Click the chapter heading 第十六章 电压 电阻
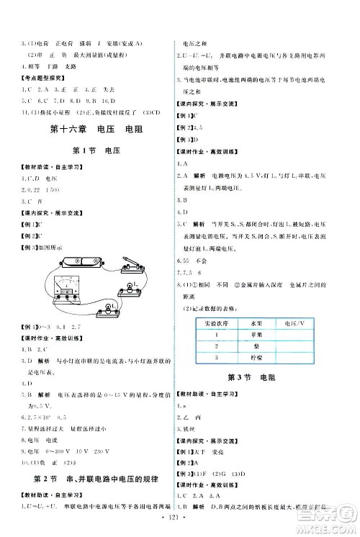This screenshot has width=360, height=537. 92,130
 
